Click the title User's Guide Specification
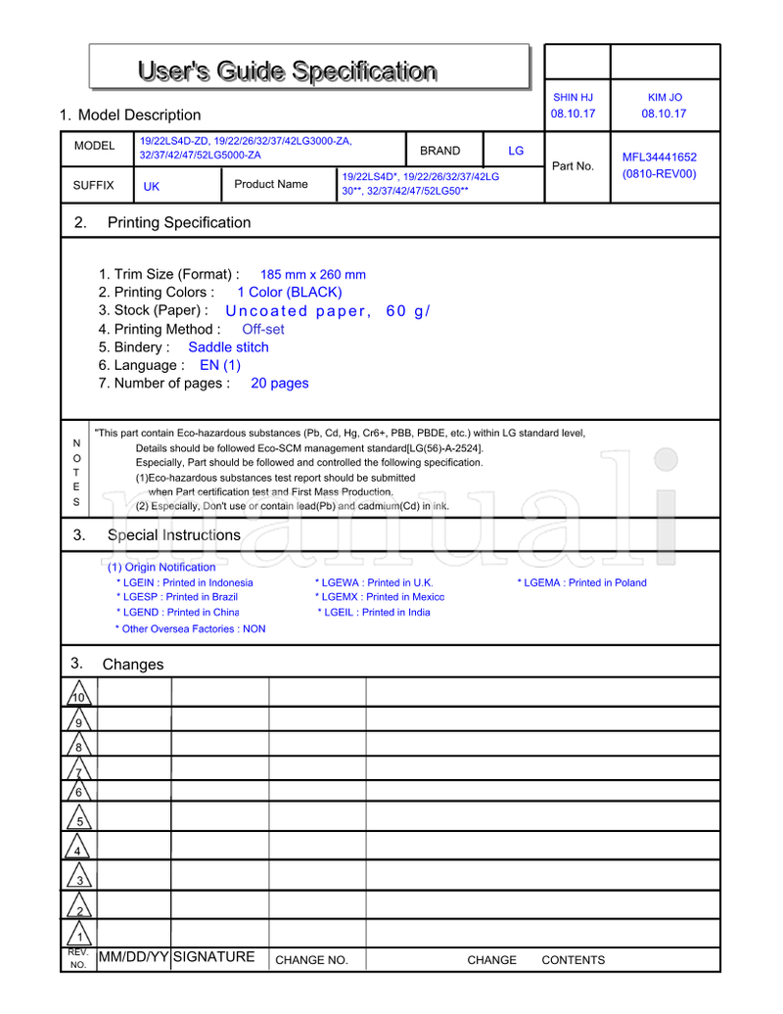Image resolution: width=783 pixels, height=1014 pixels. [287, 71]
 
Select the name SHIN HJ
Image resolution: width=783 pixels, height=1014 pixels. [573, 98]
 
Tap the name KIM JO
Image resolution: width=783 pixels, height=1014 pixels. [665, 98]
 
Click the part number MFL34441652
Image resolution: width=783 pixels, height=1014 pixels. [660, 157]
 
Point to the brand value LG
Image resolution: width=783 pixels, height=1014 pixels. [516, 151]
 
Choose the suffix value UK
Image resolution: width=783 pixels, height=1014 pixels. [152, 186]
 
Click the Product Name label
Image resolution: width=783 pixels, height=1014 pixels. [271, 184]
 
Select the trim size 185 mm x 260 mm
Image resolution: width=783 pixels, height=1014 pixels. [312, 275]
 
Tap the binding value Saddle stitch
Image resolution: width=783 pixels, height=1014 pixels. [228, 347]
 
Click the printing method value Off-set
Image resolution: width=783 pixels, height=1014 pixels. [263, 330]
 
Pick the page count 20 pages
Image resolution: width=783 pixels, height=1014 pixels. [279, 384]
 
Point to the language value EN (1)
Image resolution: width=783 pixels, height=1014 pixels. [219, 365]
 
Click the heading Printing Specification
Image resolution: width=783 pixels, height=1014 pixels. [179, 222]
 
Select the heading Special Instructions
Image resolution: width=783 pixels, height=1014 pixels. [173, 535]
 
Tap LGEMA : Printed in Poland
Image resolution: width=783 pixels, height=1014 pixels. [582, 582]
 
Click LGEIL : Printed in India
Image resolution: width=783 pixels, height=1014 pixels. [374, 612]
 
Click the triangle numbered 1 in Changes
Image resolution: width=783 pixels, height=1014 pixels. [79, 936]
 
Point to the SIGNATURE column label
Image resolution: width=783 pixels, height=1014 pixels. [213, 957]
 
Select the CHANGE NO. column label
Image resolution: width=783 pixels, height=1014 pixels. [311, 960]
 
